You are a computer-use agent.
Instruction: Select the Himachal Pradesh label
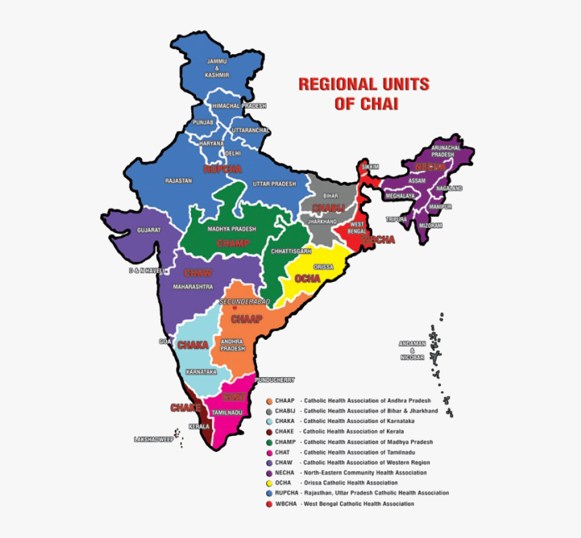(239, 106)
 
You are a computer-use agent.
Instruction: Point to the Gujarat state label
(149, 230)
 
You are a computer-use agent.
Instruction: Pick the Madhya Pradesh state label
(232, 229)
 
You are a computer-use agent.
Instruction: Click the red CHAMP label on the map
(233, 243)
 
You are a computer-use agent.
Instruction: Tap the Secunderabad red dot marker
(234, 308)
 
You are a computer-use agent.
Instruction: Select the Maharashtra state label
(194, 287)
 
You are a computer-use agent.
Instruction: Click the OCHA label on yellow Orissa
(307, 278)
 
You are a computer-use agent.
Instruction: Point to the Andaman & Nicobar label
(411, 350)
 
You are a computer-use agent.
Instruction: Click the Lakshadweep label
(153, 439)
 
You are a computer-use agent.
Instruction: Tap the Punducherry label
(275, 380)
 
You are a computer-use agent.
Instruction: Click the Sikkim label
(370, 166)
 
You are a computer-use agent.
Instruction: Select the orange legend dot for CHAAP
(269, 401)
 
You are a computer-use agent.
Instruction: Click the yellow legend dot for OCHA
(269, 483)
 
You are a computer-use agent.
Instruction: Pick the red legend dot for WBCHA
(269, 504)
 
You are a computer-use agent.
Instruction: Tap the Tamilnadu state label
(227, 412)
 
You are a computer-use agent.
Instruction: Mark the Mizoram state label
(430, 225)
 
